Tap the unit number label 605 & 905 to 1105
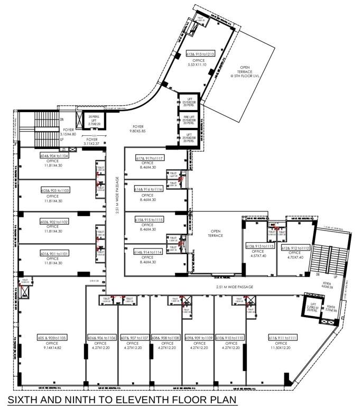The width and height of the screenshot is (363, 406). click(52, 337)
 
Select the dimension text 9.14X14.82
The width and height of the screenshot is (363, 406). click(52, 347)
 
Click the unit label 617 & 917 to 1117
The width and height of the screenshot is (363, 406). click(150, 158)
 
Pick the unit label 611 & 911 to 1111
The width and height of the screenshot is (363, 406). click(283, 337)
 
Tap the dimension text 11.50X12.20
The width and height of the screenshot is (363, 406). click(283, 347)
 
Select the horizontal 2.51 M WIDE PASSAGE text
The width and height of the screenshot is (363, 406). click(234, 287)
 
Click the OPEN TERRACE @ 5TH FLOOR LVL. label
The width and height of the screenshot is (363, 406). click(244, 72)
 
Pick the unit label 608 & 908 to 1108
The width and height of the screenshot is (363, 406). click(165, 337)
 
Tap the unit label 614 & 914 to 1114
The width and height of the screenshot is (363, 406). click(150, 252)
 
